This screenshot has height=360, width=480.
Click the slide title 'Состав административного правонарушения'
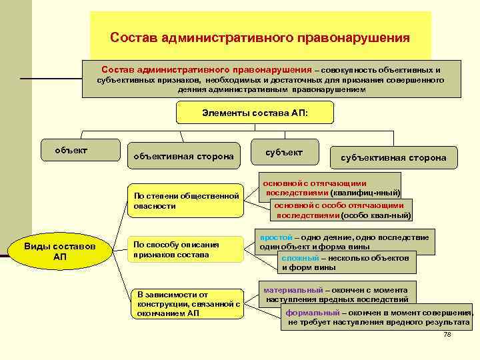[x=260, y=37]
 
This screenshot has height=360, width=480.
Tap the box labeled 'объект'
[x=71, y=150]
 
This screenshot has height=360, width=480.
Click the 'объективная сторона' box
[x=183, y=156]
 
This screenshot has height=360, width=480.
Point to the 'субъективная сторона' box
[x=393, y=158]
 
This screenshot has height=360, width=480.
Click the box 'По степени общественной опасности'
[x=186, y=201]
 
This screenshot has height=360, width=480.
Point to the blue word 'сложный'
[x=299, y=257]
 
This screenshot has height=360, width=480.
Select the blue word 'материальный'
[x=293, y=291]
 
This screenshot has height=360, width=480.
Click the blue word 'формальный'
[x=312, y=312]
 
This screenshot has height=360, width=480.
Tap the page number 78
[x=447, y=334]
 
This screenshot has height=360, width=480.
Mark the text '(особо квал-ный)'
[x=376, y=215]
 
